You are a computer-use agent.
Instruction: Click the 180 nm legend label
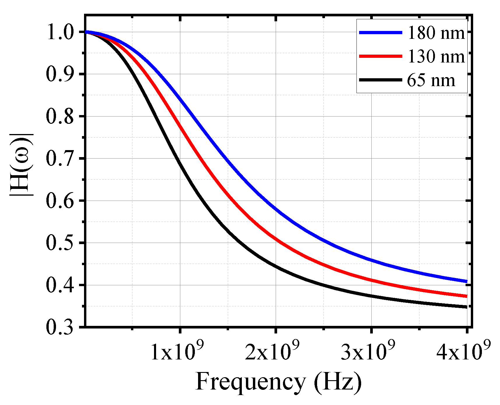[436, 33]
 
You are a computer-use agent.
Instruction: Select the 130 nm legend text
[436, 56]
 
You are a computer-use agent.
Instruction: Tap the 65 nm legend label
[431, 80]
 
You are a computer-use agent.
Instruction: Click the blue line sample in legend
[380, 33]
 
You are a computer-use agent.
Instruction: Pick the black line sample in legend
[380, 80]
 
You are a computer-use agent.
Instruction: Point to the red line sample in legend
[380, 56]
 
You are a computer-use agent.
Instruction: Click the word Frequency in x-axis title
[250, 382]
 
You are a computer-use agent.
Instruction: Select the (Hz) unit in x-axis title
[338, 382]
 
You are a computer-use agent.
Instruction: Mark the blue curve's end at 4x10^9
[466, 281]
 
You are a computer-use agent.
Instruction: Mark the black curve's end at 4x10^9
[466, 307]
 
